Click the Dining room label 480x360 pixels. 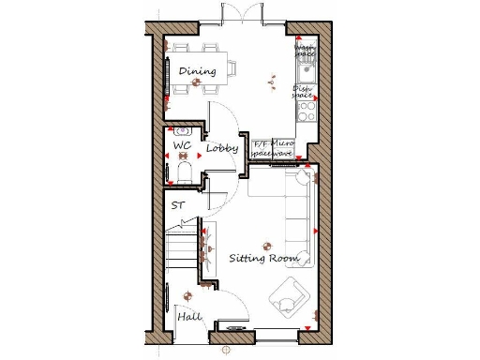coord(196,71)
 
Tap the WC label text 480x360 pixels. coord(182,146)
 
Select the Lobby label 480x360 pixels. coord(222,148)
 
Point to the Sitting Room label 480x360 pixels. coord(263,258)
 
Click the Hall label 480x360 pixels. coord(189,318)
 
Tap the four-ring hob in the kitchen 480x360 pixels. coord(307,112)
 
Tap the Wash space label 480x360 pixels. coord(305,50)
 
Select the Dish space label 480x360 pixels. coord(303,92)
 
